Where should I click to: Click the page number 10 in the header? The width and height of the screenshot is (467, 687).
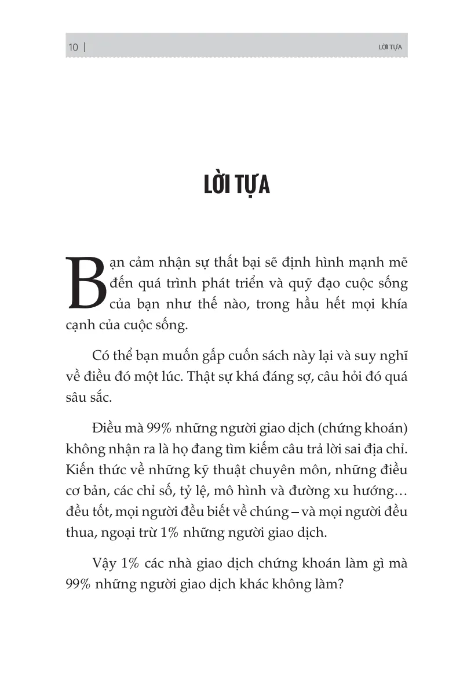coord(73,48)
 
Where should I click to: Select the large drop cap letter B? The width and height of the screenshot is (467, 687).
coord(85,282)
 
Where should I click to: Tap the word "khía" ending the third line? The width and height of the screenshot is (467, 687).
coord(393,304)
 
